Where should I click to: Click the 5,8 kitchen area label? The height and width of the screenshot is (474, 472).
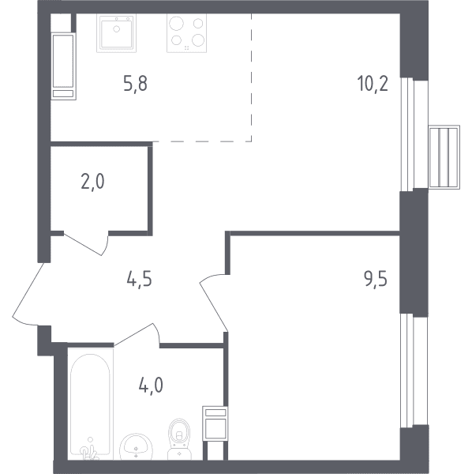point(135,84)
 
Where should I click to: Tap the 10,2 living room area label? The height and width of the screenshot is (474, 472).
point(373,84)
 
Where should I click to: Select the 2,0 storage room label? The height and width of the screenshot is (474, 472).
point(92,182)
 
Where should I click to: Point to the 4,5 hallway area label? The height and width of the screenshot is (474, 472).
point(139,279)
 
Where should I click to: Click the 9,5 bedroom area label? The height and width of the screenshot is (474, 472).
point(376,279)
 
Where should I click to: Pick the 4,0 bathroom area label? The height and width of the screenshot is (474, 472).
point(151,386)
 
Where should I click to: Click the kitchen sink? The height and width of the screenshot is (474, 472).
point(116,33)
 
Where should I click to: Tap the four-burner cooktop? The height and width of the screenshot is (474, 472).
point(186,33)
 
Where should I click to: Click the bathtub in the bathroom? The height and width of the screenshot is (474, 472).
point(90,404)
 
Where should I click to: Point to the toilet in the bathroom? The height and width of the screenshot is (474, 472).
point(179,439)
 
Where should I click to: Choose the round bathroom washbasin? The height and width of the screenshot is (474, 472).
point(137,447)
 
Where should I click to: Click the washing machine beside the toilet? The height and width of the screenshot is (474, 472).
point(215,423)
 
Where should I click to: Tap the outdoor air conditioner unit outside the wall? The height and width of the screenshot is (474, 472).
point(444,157)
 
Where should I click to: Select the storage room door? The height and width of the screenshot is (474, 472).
point(87,243)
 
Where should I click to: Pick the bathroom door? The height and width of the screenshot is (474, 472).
point(137,334)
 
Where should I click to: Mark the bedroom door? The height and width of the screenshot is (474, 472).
point(213,303)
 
